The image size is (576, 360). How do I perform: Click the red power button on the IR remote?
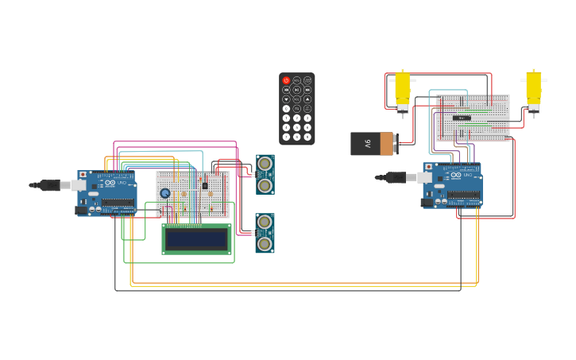(287, 80)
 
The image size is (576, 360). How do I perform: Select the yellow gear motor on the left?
(403, 90)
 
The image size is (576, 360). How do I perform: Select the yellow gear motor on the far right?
(534, 90)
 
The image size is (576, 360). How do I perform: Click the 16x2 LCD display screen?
(197, 238)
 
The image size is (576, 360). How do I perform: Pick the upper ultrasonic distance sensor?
(265, 174)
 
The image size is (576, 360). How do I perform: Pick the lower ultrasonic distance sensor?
(265, 233)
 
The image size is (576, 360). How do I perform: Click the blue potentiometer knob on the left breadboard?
(165, 193)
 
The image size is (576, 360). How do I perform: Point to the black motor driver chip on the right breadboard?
(462, 118)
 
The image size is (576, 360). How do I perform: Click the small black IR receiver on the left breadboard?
(205, 186)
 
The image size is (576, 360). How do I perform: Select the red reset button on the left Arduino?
(83, 174)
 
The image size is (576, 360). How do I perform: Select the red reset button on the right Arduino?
(429, 167)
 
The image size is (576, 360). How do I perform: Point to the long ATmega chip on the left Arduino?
(118, 203)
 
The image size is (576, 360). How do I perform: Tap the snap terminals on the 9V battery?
(395, 144)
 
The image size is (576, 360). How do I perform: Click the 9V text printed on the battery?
(367, 144)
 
